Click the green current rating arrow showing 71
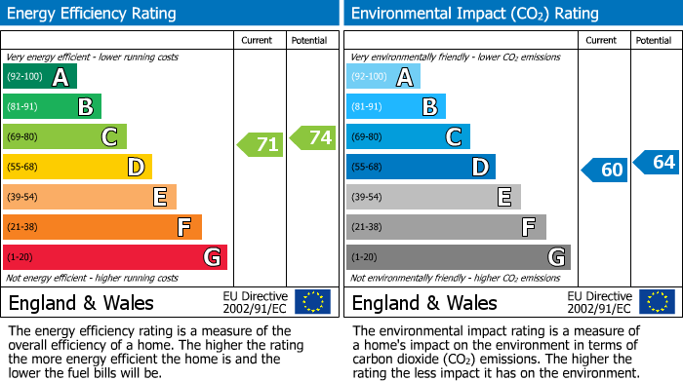[261, 145]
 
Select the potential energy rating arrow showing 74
[313, 137]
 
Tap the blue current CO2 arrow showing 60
[605, 171]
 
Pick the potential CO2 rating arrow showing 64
[657, 162]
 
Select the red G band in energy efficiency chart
[114, 257]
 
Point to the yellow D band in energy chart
[77, 168]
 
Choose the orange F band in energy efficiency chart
[101, 227]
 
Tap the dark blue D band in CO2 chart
[421, 168]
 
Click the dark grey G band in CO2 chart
[458, 257]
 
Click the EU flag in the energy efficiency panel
[312, 302]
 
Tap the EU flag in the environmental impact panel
[656, 302]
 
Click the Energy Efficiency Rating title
[93, 14]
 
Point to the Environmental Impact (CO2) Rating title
[473, 14]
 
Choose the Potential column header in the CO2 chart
[653, 40]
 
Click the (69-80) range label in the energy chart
[23, 137]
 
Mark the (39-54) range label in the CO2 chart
[367, 198]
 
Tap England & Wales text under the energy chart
[81, 303]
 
